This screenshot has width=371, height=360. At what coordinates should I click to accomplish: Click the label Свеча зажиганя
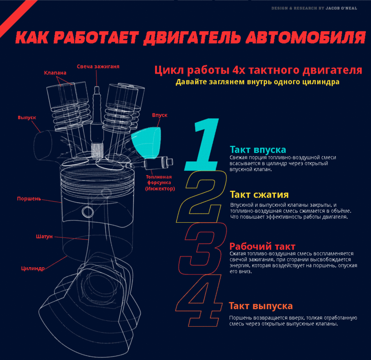click(x=98, y=67)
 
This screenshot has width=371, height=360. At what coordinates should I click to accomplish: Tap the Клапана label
click(x=55, y=73)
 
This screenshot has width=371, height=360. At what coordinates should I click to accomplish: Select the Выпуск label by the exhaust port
click(x=27, y=118)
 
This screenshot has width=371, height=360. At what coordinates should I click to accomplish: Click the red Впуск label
click(x=160, y=115)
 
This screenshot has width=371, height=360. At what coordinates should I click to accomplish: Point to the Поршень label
click(x=29, y=199)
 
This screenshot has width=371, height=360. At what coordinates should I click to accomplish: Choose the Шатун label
click(x=44, y=236)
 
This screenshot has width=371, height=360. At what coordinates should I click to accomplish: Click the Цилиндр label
click(x=33, y=269)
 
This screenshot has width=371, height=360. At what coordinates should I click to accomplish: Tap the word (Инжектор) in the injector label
click(x=160, y=189)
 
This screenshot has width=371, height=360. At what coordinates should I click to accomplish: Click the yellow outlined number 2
click(x=201, y=197)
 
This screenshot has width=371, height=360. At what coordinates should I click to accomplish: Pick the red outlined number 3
click(x=203, y=248)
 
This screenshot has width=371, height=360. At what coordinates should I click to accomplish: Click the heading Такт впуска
click(x=258, y=150)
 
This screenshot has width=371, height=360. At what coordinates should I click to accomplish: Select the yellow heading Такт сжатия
click(x=259, y=195)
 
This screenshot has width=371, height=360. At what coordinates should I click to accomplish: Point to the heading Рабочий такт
click(x=263, y=247)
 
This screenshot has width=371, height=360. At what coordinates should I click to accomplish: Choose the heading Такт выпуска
click(x=261, y=306)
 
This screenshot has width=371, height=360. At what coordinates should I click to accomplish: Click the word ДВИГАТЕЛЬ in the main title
click(x=192, y=38)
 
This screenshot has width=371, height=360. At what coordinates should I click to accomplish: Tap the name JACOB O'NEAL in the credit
click(x=341, y=8)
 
